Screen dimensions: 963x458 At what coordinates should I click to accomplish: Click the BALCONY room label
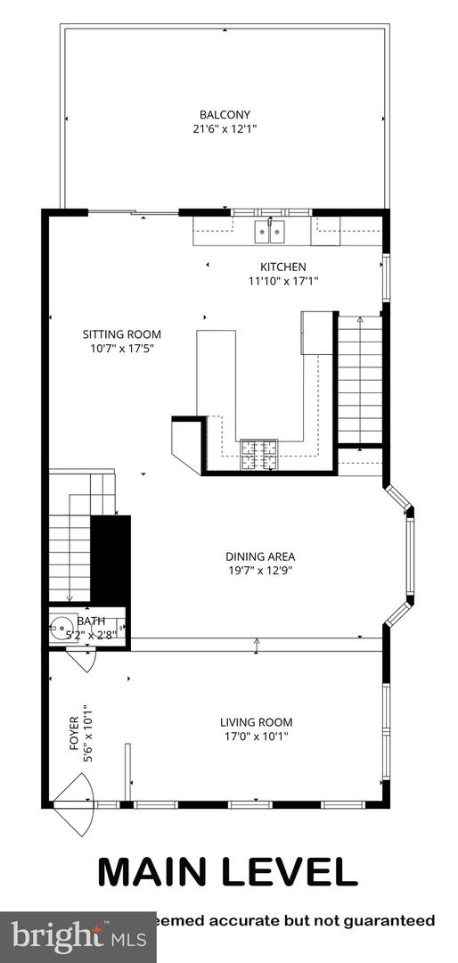(225, 114)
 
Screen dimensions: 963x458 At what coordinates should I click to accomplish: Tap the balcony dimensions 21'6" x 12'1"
(225, 128)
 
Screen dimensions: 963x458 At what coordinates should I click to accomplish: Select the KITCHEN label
(282, 267)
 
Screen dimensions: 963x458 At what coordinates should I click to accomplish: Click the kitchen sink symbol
(270, 232)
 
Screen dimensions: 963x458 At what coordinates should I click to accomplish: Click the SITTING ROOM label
(122, 334)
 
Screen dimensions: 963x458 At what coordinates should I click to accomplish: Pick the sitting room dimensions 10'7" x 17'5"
(122, 349)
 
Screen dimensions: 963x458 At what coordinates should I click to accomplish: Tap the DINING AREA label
(259, 557)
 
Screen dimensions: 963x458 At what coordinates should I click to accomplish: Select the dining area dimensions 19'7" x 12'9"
(259, 572)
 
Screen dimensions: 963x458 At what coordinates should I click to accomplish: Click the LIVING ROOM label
(257, 722)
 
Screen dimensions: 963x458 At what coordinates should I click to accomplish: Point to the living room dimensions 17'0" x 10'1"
(257, 737)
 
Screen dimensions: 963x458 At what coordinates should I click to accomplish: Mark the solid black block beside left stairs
(111, 559)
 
